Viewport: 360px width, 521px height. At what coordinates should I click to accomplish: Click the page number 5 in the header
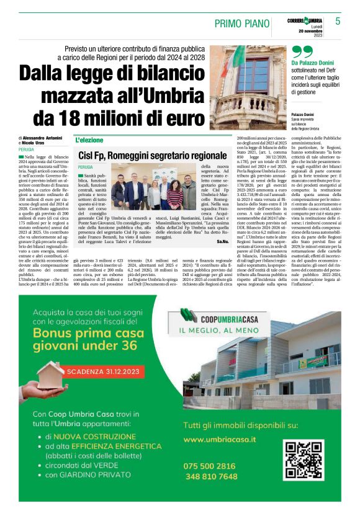338,21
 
